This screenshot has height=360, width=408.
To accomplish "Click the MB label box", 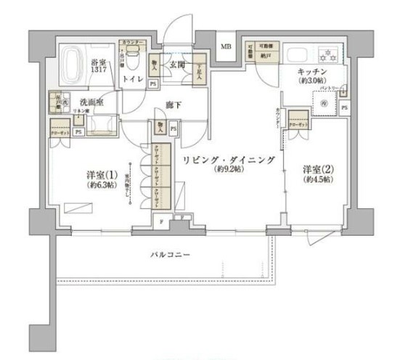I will [226, 49].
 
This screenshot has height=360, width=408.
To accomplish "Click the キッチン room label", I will [313, 71].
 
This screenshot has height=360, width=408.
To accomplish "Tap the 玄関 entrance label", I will [176, 63].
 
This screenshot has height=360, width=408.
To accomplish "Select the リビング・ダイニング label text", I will [229, 160].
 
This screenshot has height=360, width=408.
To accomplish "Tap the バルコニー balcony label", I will [170, 255].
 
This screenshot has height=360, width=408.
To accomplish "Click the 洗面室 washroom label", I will [91, 102].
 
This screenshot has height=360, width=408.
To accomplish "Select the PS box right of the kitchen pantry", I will [344, 107].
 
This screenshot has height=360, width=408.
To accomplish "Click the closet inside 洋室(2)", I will [298, 121].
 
